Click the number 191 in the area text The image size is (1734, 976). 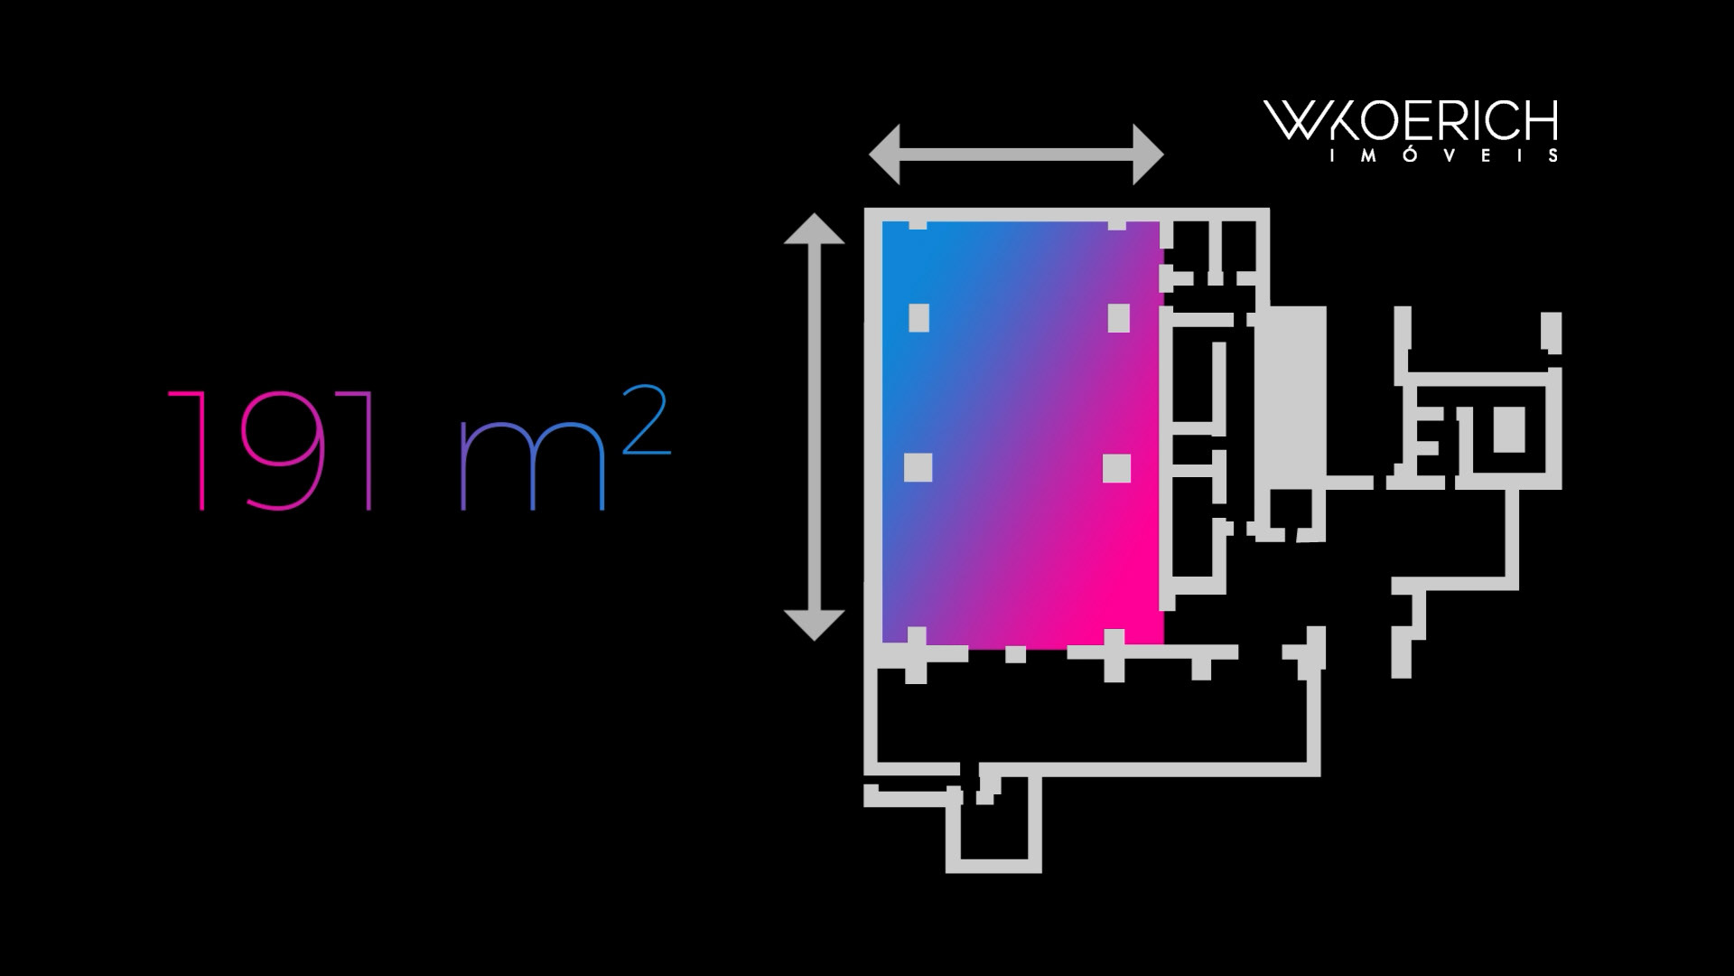coord(271,451)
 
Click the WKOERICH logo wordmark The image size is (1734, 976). coord(1410,121)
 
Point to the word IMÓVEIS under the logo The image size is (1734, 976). coord(1442,155)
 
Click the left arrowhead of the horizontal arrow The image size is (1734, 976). coord(885,155)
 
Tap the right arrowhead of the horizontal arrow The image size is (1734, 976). coord(1148,155)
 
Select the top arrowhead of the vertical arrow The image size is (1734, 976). coord(814,229)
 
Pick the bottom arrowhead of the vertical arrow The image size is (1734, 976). coord(814,624)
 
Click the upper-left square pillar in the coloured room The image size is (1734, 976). coord(918,318)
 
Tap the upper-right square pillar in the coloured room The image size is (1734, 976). coord(1118,318)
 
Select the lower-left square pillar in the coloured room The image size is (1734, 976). coord(918,468)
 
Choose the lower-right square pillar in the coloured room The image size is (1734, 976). coord(1116,468)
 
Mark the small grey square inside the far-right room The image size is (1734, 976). coord(1508,429)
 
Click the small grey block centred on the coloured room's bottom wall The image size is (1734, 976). coord(1015,654)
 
